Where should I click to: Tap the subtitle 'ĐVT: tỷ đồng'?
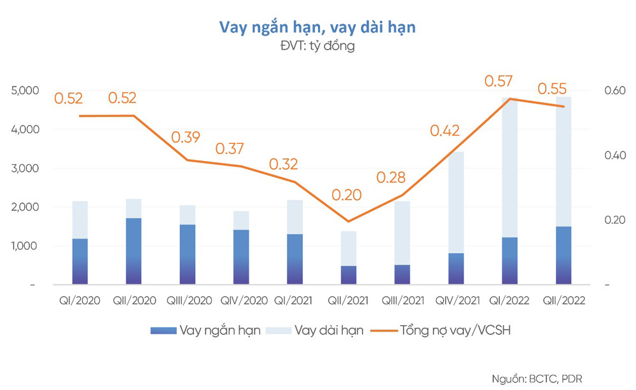(x=317, y=46)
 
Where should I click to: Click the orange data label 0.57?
(x=499, y=81)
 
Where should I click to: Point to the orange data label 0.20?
(x=345, y=195)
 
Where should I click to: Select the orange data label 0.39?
(x=185, y=137)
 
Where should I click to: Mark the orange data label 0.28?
(x=391, y=176)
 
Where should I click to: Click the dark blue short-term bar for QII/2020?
(x=134, y=251)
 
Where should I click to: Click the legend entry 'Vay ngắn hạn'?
(x=206, y=331)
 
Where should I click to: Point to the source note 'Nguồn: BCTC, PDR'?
(x=537, y=379)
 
